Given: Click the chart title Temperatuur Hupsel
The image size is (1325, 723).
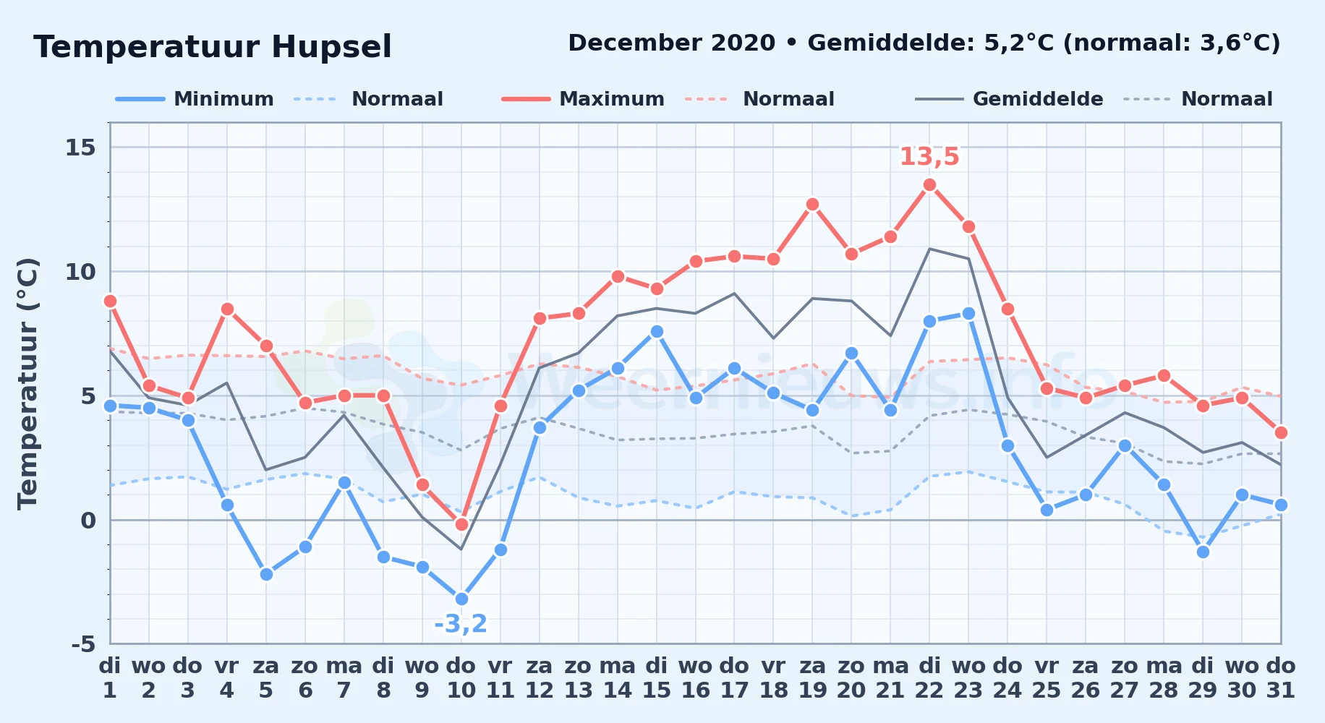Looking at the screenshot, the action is coord(213,47).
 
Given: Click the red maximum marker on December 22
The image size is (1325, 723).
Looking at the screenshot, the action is coord(929,185).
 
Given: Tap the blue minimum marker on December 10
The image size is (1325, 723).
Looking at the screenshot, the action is coord(461,599).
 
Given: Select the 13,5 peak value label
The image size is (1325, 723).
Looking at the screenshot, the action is coord(929,156).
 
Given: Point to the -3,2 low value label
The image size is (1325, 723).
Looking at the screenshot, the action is coord(461,623).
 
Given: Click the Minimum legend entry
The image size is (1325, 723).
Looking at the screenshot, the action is coord(195,99).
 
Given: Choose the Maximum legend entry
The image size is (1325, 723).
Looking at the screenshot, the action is coord(583,99).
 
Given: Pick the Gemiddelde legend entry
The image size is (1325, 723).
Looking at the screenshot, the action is coord(1009,99).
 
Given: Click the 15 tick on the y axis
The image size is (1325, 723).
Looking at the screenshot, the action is coord(80,147).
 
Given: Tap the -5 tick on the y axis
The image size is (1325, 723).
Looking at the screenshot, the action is coord(83,644).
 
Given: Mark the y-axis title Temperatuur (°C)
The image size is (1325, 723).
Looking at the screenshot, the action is coord(27,384).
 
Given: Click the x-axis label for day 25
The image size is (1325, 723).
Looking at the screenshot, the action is coord(1047,677).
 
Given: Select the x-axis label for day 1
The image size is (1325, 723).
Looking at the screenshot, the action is coord(110,677).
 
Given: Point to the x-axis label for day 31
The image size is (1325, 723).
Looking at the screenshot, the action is coord(1281,677).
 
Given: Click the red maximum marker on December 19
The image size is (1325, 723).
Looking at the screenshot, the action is coord(812,205).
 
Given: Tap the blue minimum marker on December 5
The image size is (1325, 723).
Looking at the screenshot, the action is coord(266,574).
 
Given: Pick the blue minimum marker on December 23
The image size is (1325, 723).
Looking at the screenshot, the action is coord(968,314).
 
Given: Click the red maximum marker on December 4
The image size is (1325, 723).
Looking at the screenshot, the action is coord(227,309).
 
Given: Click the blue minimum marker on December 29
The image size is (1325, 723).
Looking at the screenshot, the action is coord(1203,552).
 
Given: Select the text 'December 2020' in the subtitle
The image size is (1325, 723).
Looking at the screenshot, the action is coord(672,43).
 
